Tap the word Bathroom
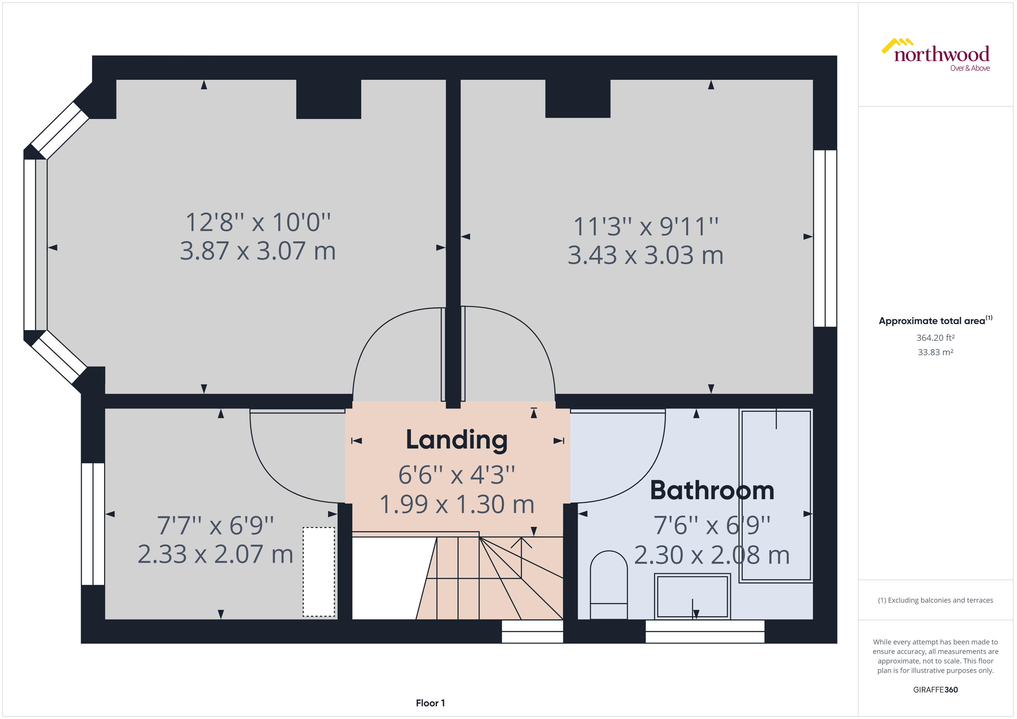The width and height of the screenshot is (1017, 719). pyautogui.click(x=712, y=491)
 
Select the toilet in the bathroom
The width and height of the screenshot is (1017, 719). pyautogui.click(x=609, y=584)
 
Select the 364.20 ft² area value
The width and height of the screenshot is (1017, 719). pyautogui.click(x=935, y=338)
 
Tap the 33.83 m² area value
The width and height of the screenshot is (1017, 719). pyautogui.click(x=935, y=352)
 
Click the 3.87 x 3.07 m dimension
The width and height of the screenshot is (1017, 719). pyautogui.click(x=258, y=251)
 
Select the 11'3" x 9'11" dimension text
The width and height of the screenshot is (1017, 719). pyautogui.click(x=646, y=227)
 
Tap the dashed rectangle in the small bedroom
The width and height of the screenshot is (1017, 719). pyautogui.click(x=319, y=572)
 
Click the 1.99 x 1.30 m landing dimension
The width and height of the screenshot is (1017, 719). pyautogui.click(x=457, y=504)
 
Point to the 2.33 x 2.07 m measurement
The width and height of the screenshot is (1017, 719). pyautogui.click(x=215, y=554)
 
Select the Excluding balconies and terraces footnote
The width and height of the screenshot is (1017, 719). pyautogui.click(x=935, y=600)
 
